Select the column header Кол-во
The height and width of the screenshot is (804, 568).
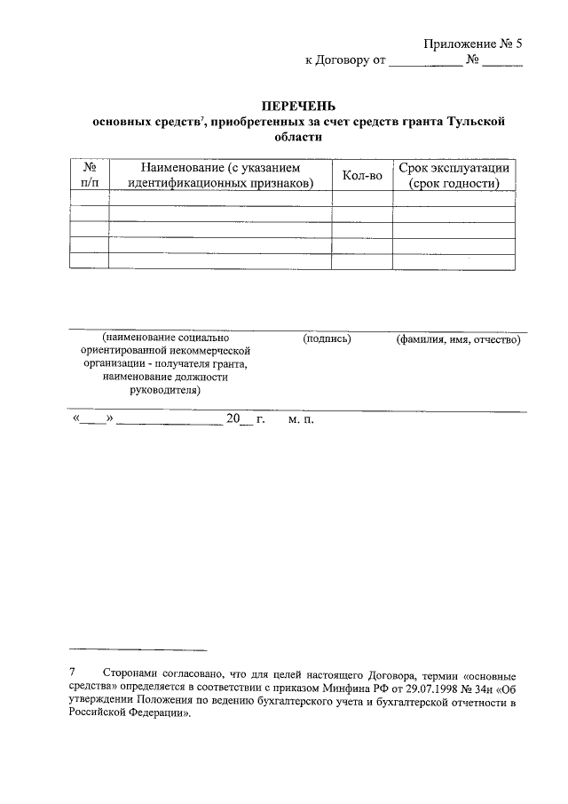point(362,176)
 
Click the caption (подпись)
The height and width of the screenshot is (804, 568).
point(327,338)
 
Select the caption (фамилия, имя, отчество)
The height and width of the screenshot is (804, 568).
point(458,338)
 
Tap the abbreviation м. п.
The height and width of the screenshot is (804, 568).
point(301,419)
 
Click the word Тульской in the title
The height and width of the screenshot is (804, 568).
point(479,123)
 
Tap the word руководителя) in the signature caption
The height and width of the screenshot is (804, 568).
point(165,389)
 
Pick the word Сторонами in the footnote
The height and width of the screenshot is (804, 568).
point(131,676)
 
